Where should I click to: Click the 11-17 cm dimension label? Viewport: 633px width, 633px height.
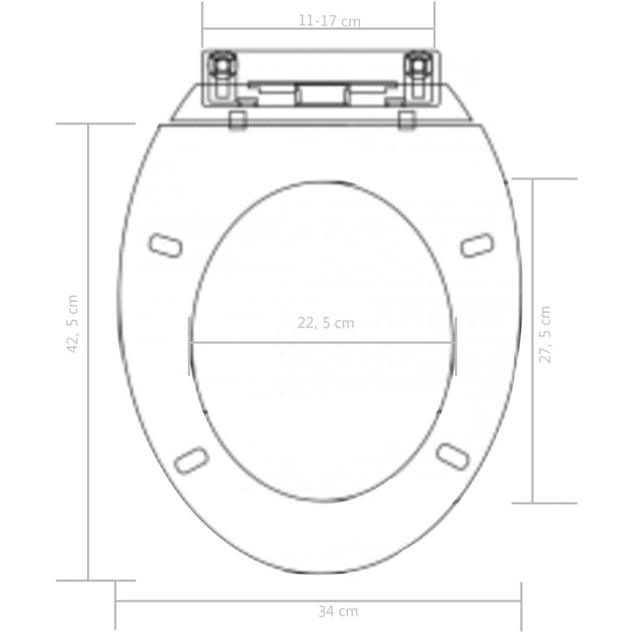pos(329,21)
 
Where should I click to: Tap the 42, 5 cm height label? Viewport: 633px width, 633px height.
pos(72,324)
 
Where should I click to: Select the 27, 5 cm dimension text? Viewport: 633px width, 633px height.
pos(544,335)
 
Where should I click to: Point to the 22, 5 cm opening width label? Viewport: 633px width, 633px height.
pos(326,323)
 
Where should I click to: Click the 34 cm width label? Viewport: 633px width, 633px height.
pos(338,611)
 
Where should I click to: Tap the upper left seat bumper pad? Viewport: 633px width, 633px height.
pos(165,245)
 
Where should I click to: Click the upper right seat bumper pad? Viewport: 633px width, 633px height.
pos(477,245)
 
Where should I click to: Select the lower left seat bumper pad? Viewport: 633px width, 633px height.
pos(192,459)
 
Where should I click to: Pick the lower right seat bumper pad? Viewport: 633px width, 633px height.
pos(453,457)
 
